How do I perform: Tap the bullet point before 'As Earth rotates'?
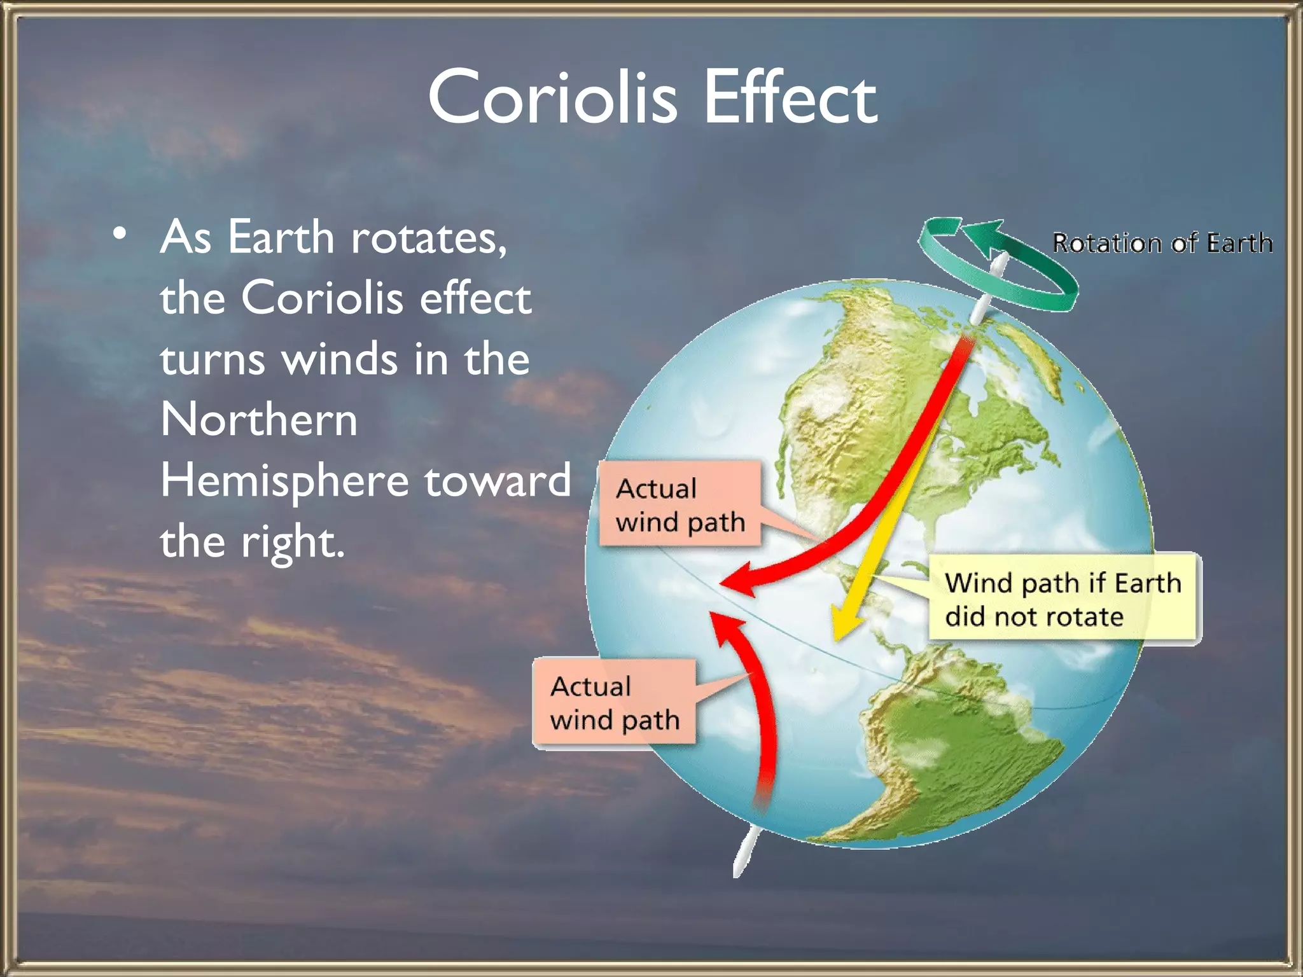point(119,234)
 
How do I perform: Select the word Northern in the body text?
point(259,419)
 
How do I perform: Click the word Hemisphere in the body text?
point(284,481)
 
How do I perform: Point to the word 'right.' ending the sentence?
point(292,542)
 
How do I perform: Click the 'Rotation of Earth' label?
point(1162,243)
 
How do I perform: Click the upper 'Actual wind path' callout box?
point(679,504)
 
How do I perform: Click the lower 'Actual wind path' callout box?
point(614,702)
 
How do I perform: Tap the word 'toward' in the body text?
point(498,481)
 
